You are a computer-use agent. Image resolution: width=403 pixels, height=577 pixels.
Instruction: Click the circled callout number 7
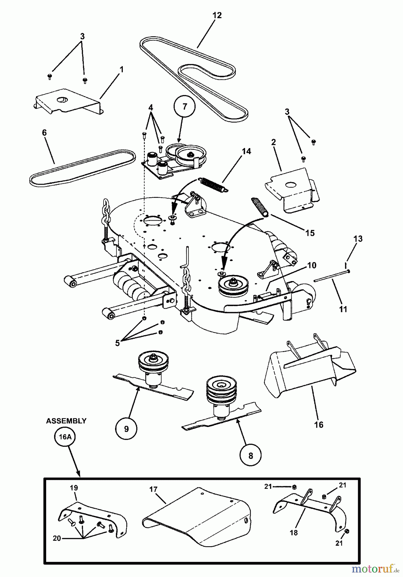pos(184,107)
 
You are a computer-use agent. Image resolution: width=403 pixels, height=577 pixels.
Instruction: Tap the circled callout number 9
pos(126,429)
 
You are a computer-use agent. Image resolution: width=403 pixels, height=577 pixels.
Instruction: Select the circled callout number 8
pos(250,456)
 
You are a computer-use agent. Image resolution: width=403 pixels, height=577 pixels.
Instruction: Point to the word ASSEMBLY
pos(66,421)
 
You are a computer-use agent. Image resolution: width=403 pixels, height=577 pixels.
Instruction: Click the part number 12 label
pos(217,15)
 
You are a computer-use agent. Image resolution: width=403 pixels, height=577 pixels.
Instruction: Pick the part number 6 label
pos(44,132)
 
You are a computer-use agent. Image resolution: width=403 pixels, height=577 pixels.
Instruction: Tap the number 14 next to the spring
pos(246,151)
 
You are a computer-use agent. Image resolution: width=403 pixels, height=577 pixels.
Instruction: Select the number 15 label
pos(310,233)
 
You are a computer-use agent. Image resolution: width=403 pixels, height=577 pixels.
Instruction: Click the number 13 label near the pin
pos(358,238)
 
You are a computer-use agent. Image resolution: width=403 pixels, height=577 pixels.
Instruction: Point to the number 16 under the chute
pos(319,425)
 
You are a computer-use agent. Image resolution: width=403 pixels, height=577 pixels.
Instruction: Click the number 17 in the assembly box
pos(153,489)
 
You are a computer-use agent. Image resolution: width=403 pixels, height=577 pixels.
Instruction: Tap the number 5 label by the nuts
pos(117,343)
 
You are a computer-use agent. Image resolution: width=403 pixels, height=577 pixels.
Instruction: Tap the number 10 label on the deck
pos(311,265)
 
